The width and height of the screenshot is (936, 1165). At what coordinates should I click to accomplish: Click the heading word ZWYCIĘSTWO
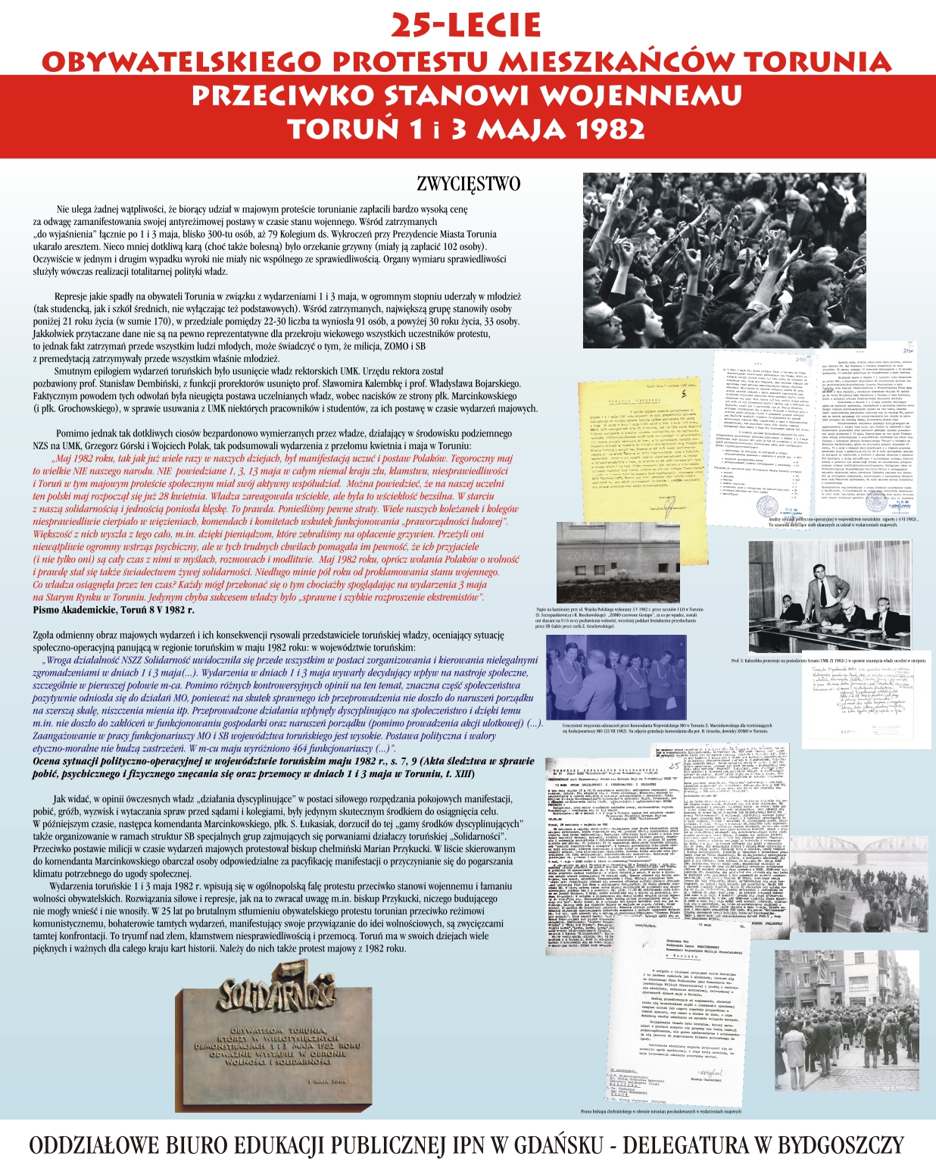click(x=469, y=184)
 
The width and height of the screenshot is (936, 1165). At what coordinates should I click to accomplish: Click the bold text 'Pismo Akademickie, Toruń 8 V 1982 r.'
click(x=108, y=609)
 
